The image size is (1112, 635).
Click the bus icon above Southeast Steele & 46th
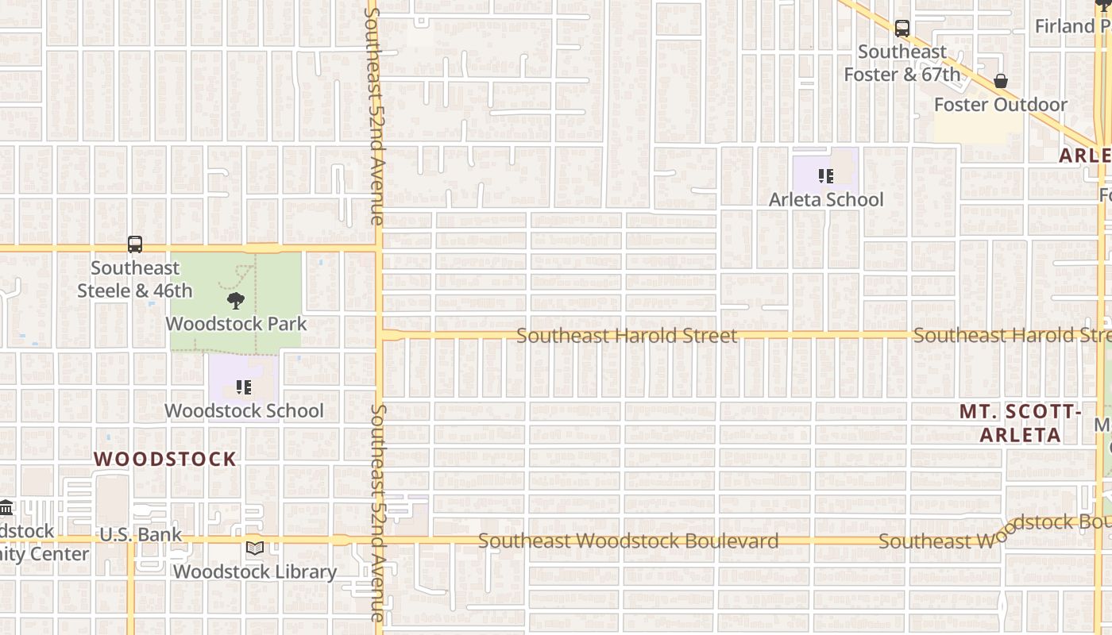pyautogui.click(x=135, y=244)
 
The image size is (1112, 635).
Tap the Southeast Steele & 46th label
pyautogui.click(x=135, y=279)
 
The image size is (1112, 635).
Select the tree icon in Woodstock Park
pyautogui.click(x=235, y=301)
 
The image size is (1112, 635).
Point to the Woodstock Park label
pyautogui.click(x=236, y=324)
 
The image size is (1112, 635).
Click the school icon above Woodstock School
pyautogui.click(x=244, y=387)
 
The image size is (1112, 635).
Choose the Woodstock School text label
pyautogui.click(x=244, y=410)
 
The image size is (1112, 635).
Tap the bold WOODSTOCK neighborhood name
pyautogui.click(x=165, y=459)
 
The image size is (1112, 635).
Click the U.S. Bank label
pyautogui.click(x=141, y=535)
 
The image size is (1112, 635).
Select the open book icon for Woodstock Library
pyautogui.click(x=255, y=548)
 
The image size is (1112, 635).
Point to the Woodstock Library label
pyautogui.click(x=255, y=571)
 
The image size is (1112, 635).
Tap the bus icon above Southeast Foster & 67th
pyautogui.click(x=902, y=29)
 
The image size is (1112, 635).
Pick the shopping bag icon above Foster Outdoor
pyautogui.click(x=1001, y=81)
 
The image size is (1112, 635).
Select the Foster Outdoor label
pyautogui.click(x=1001, y=105)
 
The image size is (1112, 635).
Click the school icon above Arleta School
pyautogui.click(x=825, y=176)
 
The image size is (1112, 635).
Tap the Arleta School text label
pyautogui.click(x=826, y=199)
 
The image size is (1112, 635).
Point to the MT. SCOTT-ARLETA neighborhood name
pyautogui.click(x=1021, y=423)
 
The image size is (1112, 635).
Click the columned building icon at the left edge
pyautogui.click(x=6, y=508)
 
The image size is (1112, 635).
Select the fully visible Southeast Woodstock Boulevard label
pyautogui.click(x=628, y=541)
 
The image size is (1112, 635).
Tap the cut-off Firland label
pyautogui.click(x=1072, y=26)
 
